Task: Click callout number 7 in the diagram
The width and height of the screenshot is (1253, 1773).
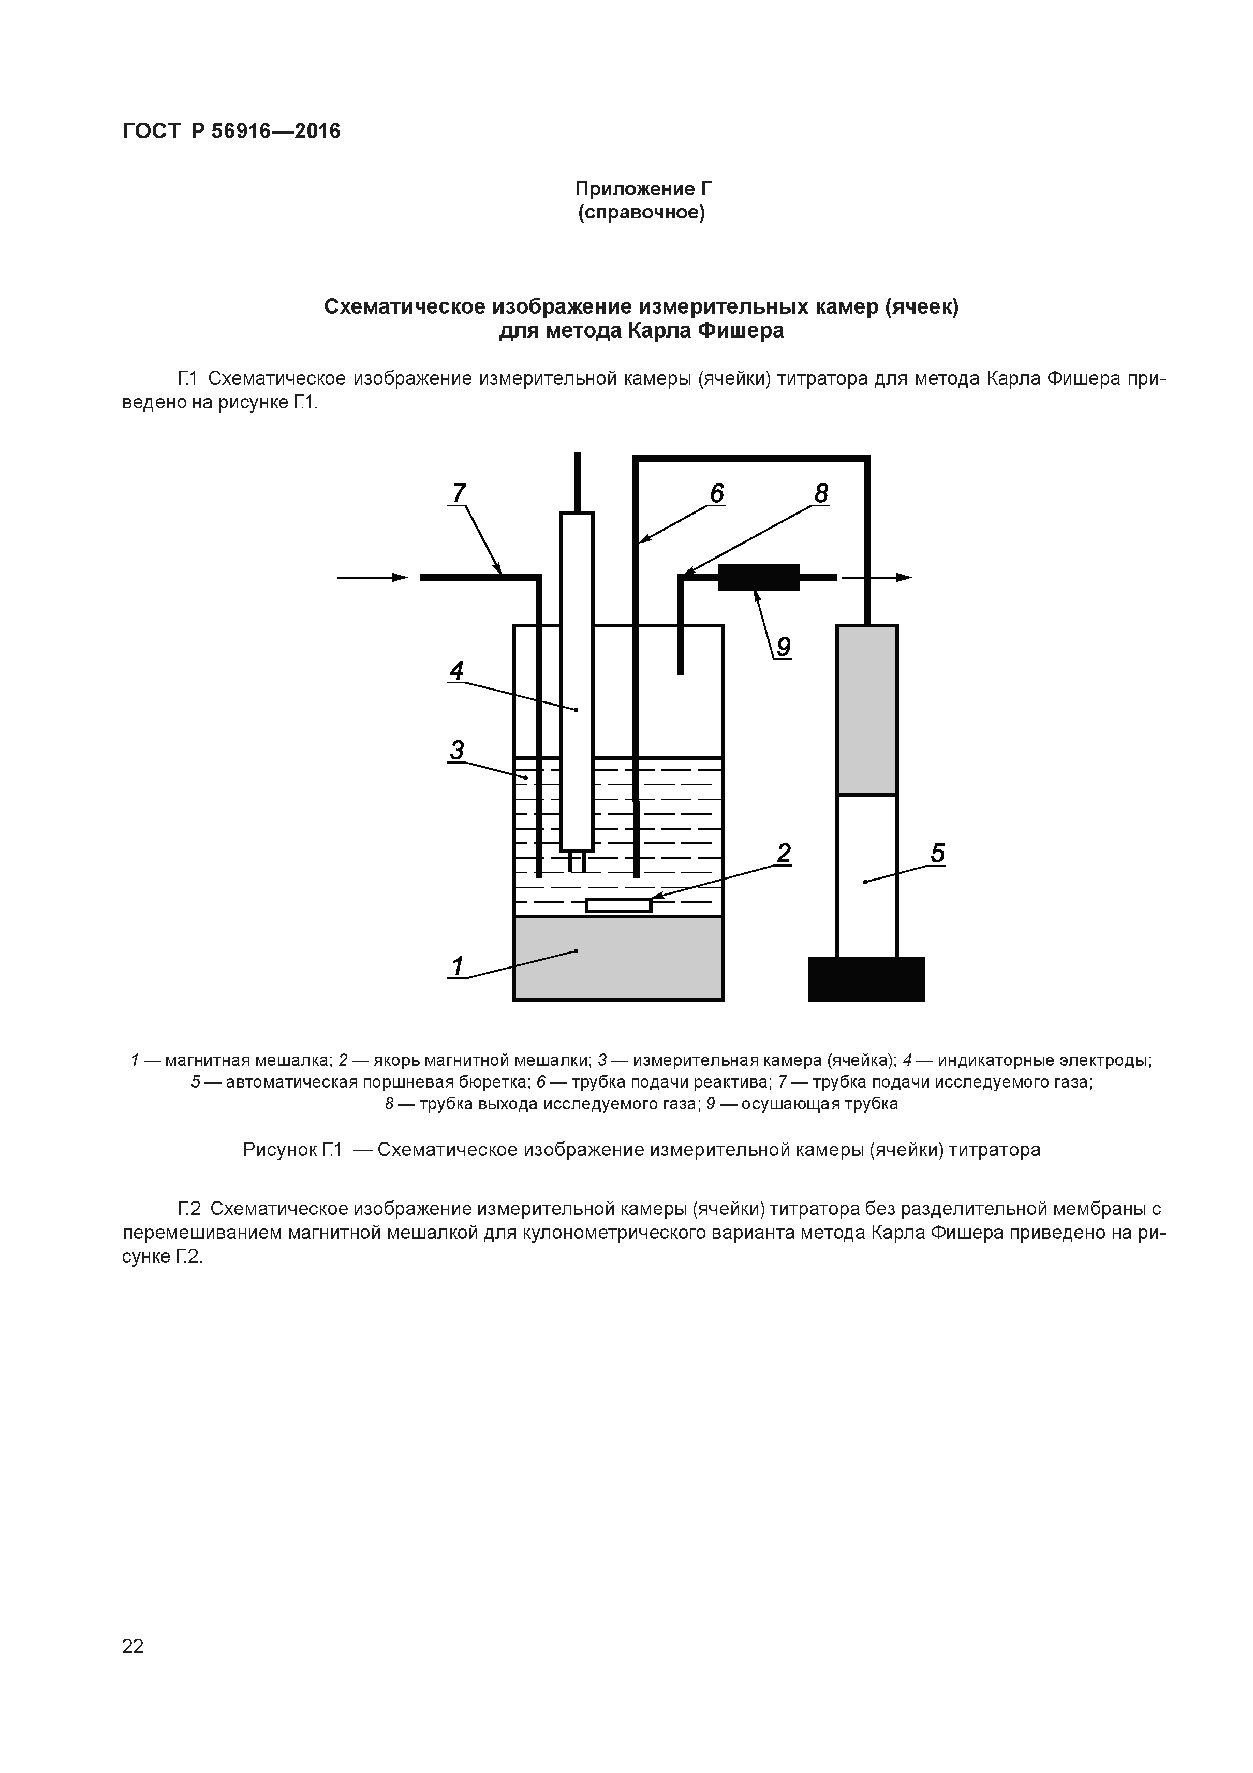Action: (460, 493)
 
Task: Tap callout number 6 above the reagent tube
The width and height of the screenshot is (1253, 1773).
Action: (717, 493)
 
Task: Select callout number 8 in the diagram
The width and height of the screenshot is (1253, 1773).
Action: (821, 493)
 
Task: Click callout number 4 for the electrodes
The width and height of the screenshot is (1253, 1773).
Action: (457, 670)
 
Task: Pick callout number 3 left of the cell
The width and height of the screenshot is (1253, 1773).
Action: (457, 750)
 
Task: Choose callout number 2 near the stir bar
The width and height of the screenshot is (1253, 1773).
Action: (784, 853)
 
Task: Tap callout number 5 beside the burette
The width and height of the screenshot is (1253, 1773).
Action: (937, 853)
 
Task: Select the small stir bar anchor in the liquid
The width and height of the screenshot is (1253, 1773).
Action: (618, 905)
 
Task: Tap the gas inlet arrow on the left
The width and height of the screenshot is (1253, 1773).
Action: (373, 577)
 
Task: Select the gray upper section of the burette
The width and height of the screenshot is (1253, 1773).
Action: (867, 709)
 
